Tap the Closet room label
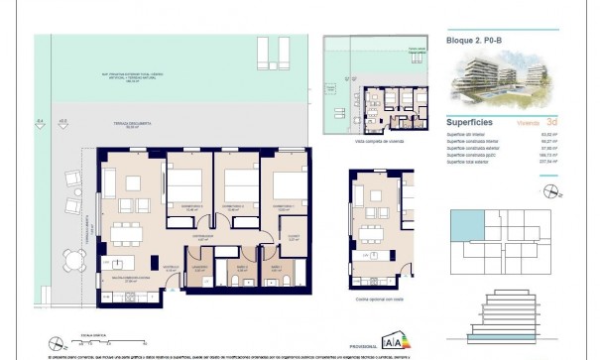[x=293, y=236]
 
